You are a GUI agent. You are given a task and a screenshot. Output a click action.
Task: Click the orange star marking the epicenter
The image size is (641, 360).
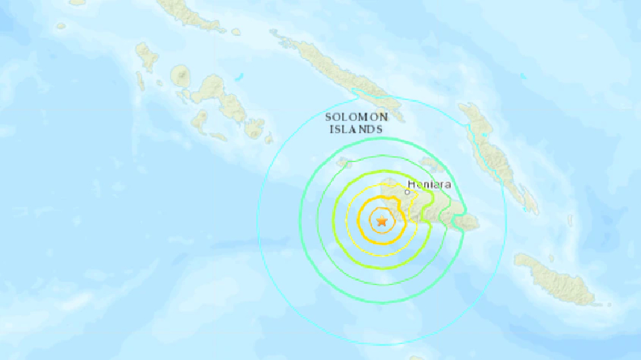tap(382, 222)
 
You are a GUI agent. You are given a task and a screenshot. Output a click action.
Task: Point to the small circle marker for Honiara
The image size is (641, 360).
tap(407, 191)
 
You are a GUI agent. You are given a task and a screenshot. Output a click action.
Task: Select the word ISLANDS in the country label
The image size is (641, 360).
tap(356, 129)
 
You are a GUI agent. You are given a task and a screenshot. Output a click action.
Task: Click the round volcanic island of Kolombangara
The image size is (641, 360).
tap(181, 78)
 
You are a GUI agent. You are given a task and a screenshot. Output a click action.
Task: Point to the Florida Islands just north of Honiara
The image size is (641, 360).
tap(428, 164)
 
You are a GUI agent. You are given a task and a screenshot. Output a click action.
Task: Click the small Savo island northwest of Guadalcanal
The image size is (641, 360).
tap(344, 163)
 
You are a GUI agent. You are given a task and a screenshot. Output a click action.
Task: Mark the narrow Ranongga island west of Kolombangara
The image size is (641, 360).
tap(140, 81)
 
